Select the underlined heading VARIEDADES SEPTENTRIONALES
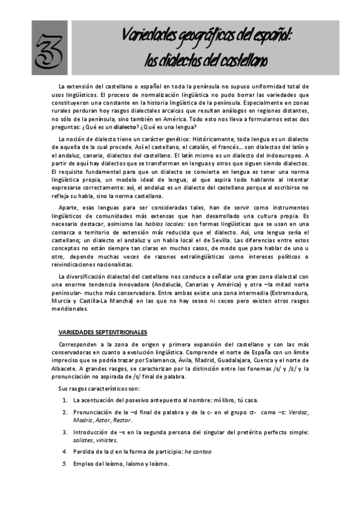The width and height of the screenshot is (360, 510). point(102,332)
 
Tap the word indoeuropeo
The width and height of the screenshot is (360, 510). point(285,156)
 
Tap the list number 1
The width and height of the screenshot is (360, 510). point(65,399)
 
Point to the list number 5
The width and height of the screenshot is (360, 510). point(65,463)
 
